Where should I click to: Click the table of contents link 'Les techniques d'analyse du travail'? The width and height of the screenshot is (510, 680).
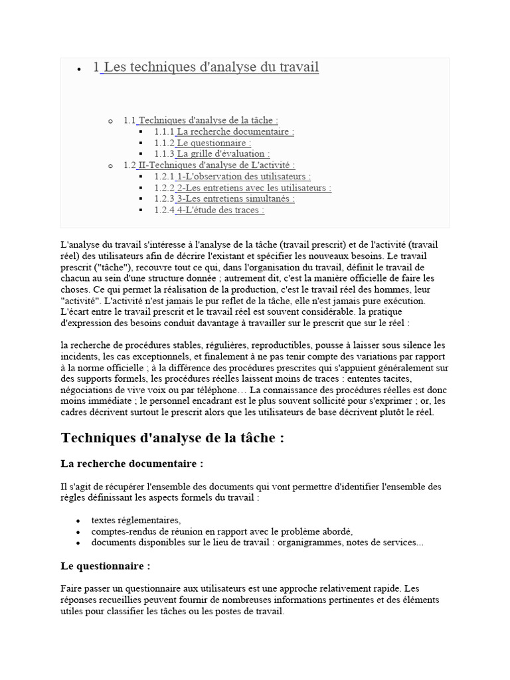(x=210, y=67)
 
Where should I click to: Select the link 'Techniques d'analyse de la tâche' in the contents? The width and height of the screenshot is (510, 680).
(x=207, y=120)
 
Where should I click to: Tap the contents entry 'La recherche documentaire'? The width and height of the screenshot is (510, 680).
(x=235, y=131)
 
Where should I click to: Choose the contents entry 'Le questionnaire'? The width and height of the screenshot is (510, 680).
(x=214, y=143)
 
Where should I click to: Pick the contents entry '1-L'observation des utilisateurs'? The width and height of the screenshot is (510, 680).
(x=243, y=177)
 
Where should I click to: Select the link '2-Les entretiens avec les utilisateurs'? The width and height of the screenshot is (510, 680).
(x=254, y=188)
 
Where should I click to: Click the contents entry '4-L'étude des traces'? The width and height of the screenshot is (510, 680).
(x=220, y=210)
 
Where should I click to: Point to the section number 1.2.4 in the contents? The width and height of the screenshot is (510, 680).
(x=164, y=210)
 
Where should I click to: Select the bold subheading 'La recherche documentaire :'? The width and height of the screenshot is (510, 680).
(x=131, y=463)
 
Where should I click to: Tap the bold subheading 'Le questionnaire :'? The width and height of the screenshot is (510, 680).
(x=106, y=566)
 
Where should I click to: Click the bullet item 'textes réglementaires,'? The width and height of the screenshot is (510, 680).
(x=136, y=520)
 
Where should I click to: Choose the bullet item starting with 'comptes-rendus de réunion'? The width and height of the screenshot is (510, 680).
(x=222, y=531)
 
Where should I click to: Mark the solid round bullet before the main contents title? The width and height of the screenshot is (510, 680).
(x=79, y=68)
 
